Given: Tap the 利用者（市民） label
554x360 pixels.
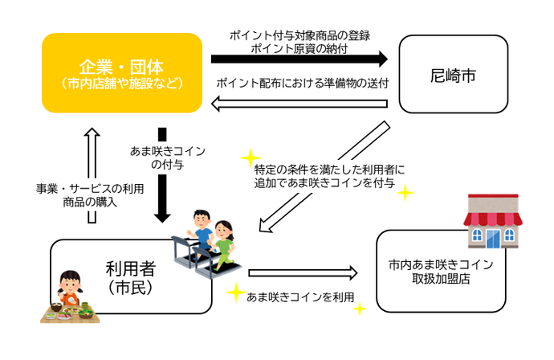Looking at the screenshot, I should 132,276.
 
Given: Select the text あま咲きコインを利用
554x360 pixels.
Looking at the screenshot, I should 301,297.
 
